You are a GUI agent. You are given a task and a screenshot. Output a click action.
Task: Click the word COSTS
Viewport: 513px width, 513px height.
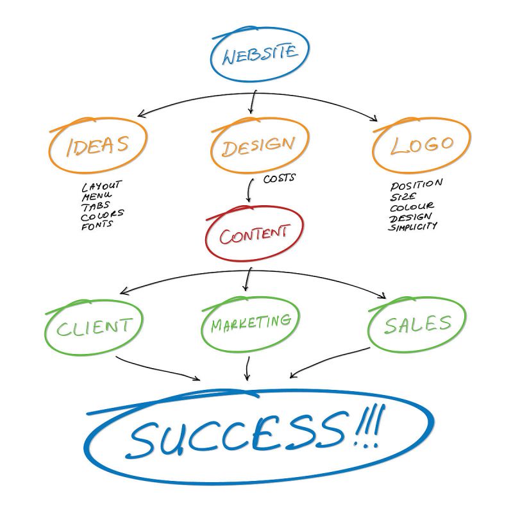click(x=280, y=178)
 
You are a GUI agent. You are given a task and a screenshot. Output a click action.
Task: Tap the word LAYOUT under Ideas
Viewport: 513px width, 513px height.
click(x=101, y=187)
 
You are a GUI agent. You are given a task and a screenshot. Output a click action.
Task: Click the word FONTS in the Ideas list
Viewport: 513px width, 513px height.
click(x=97, y=225)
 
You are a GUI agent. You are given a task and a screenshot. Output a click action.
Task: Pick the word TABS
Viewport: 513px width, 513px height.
click(x=96, y=206)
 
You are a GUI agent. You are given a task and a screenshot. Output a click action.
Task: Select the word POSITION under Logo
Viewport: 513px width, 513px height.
click(x=416, y=185)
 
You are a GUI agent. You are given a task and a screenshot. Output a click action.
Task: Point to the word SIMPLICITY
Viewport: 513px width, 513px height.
click(x=412, y=226)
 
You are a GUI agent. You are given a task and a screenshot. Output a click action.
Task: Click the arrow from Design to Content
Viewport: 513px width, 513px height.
click(x=249, y=190)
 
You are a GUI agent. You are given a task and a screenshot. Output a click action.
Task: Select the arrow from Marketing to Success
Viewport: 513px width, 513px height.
click(x=248, y=369)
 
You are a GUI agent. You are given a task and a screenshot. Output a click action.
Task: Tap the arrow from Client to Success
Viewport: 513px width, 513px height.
click(x=157, y=370)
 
